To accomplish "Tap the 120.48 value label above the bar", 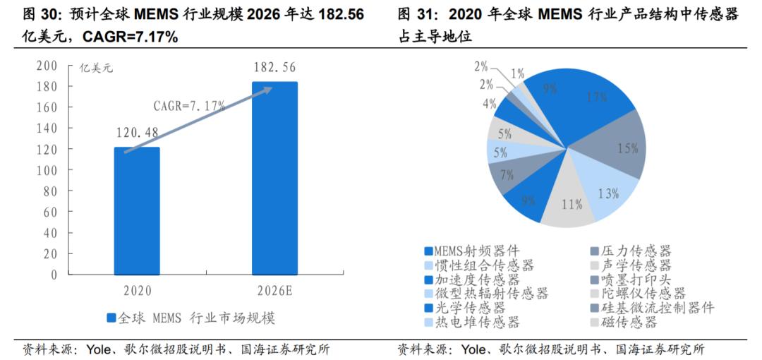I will click(x=137, y=132).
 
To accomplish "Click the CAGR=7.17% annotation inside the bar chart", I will click(x=189, y=106).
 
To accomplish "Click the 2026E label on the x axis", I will click(x=274, y=290).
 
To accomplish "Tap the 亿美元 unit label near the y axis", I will click(x=95, y=68).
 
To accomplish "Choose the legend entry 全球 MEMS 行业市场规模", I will click(x=190, y=318).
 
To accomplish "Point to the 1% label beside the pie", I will click(x=517, y=73).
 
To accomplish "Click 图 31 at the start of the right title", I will click(x=413, y=13).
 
